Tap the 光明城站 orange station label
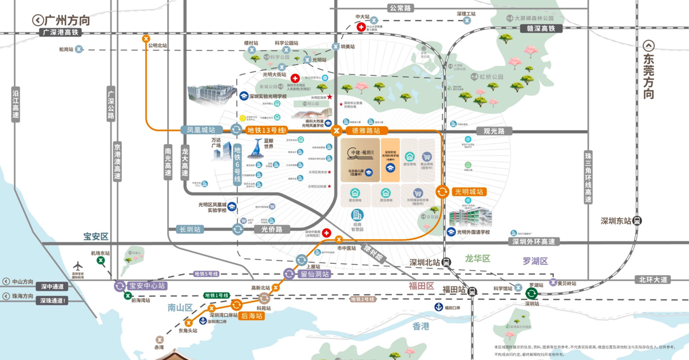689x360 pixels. pos(469,192)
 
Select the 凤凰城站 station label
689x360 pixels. pos(201,130)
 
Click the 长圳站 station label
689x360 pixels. pos(191,230)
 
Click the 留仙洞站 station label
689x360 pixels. pos(315,274)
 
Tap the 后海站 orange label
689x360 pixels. pos(252,315)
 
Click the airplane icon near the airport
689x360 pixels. pos(78,266)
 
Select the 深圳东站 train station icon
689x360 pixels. pos(637,221)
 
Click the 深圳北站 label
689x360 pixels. pos(425,262)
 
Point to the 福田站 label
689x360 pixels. pos(454,291)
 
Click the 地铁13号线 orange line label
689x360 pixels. pos(266,130)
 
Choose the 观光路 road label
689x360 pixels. pos(494,131)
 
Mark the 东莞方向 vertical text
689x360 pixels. pos(648,77)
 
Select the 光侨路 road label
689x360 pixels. pos(272,230)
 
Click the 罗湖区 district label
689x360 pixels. pos(535,261)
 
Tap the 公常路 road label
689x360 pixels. pos(400,8)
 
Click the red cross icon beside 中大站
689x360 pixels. pos(361,27)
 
